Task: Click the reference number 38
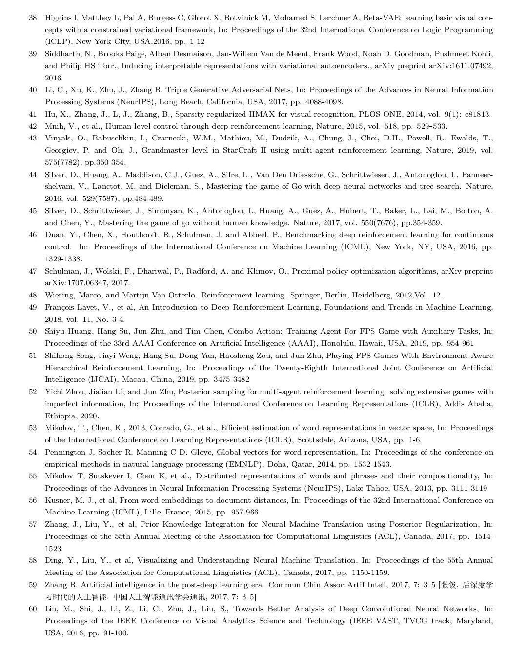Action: [33, 18]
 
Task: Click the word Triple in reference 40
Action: [177, 90]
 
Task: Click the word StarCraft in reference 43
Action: [240, 151]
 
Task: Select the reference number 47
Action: [33, 271]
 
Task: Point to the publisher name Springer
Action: [305, 295]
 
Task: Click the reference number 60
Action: [33, 609]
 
